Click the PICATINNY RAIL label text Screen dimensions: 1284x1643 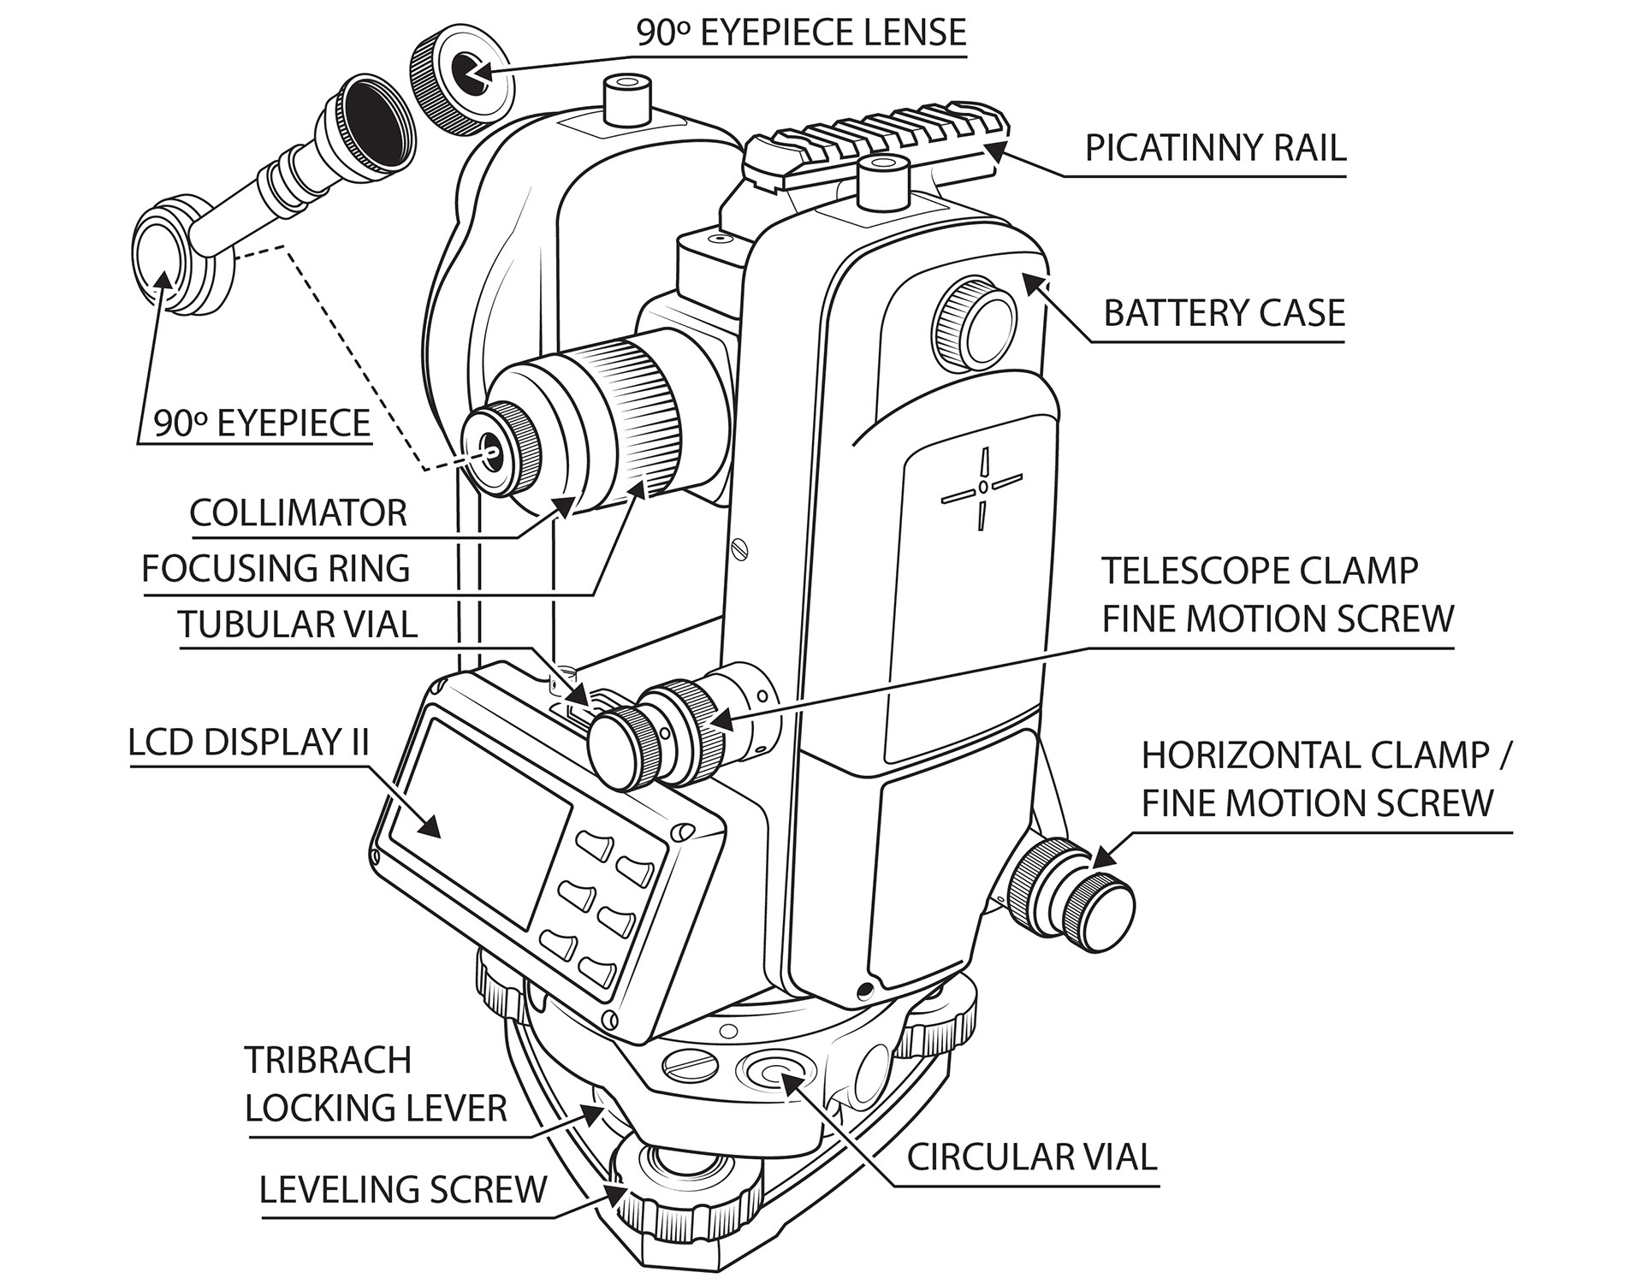[1214, 148]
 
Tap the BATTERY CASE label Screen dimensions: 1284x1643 [1224, 313]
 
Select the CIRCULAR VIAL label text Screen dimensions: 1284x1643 [1031, 1157]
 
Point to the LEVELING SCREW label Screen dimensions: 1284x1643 [402, 1190]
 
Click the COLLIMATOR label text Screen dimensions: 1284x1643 [298, 513]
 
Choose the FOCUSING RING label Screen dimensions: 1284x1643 [276, 569]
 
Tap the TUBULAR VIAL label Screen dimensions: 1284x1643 [297, 624]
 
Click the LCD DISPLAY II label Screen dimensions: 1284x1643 [248, 743]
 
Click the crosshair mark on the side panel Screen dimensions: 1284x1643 [983, 487]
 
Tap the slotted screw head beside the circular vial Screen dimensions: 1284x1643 [689, 1065]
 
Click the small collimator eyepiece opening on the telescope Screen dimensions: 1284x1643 [492, 445]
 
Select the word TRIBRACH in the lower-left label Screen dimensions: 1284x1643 [328, 1061]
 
